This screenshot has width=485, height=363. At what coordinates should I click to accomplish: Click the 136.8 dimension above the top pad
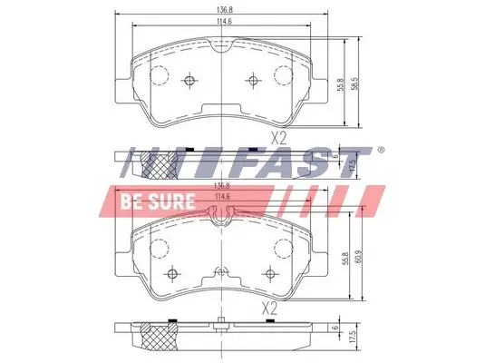click(x=222, y=12)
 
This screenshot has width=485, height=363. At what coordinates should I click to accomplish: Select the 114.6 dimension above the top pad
click(x=222, y=25)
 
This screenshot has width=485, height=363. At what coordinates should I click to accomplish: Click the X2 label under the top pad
click(x=278, y=139)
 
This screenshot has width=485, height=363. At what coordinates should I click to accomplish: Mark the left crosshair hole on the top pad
click(x=189, y=82)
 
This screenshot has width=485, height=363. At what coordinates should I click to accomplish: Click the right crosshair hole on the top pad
click(x=253, y=82)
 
